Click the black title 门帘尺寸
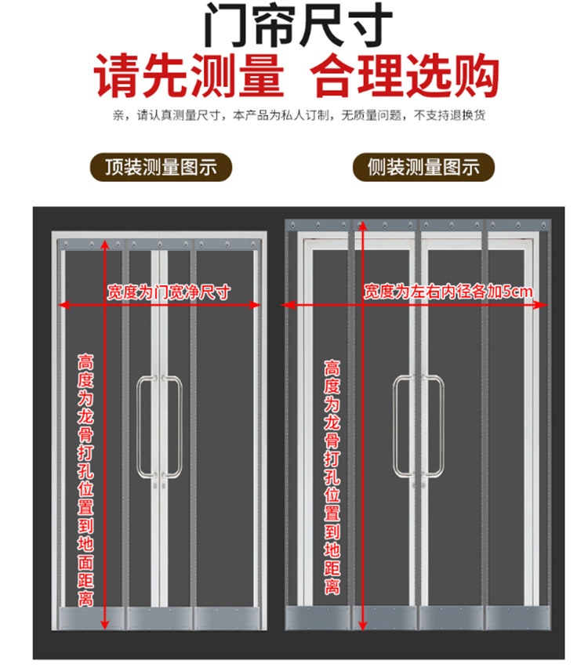[x=294, y=25]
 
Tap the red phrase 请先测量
[x=189, y=76]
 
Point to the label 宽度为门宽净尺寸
[x=169, y=292]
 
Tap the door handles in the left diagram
[x=160, y=427]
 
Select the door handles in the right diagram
[x=417, y=427]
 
